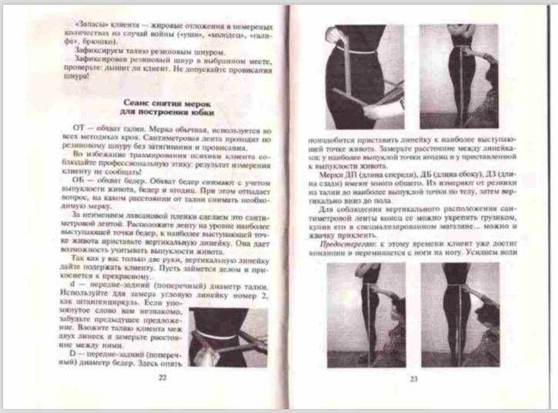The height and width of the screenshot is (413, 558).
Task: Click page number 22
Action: (162, 378)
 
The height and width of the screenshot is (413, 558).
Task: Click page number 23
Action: (413, 378)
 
